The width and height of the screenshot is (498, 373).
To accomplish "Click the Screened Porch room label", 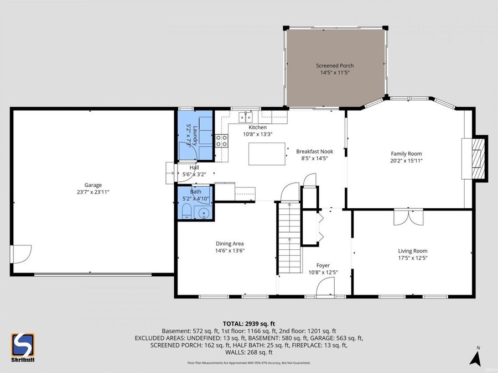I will click(x=335, y=66).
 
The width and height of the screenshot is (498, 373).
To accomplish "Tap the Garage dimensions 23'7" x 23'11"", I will click(x=93, y=192).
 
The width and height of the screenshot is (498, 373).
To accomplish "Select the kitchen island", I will click(x=267, y=154).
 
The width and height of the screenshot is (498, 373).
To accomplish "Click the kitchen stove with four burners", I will click(x=221, y=140).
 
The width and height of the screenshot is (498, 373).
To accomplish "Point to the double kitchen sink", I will click(x=245, y=117).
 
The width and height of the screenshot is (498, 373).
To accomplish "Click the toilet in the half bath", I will click(x=187, y=212).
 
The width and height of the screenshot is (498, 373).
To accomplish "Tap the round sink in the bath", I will click(x=204, y=213).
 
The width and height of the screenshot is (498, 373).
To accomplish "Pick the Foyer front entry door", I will click(x=325, y=287).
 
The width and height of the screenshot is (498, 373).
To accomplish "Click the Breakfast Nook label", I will click(x=314, y=151).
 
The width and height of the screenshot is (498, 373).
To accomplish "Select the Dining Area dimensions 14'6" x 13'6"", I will click(x=230, y=250).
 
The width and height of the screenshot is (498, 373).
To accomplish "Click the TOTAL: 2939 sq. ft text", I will click(x=249, y=323).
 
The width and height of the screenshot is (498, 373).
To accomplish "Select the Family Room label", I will click(x=406, y=154).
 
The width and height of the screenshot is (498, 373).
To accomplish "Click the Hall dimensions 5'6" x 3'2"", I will click(x=194, y=175).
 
